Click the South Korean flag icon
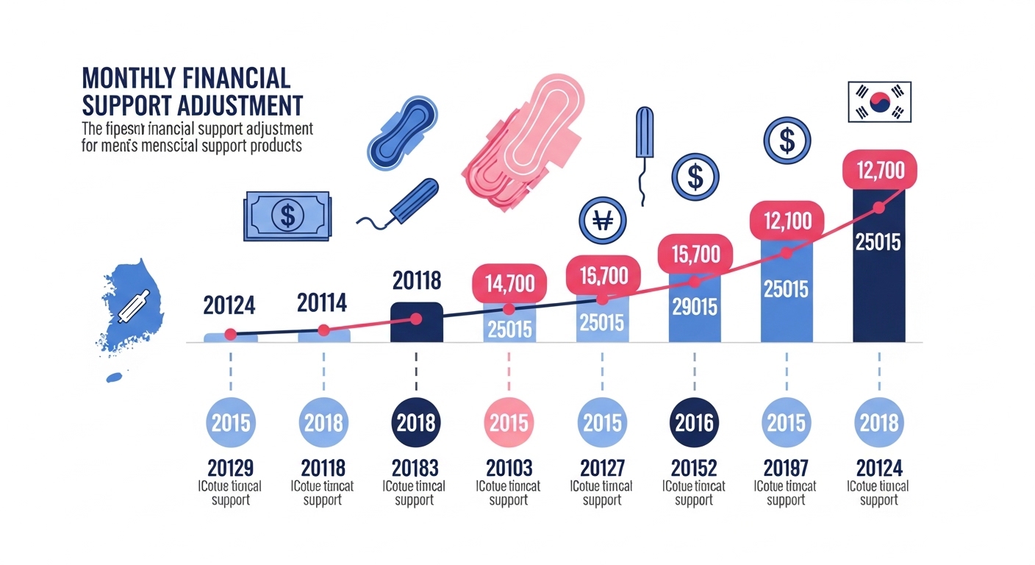pyautogui.click(x=878, y=102)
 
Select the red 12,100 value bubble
pyautogui.click(x=786, y=220)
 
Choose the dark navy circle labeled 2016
pyautogui.click(x=694, y=423)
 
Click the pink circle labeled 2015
pyautogui.click(x=509, y=423)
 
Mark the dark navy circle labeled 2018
pyautogui.click(x=416, y=423)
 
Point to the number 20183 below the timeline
pyautogui.click(x=416, y=467)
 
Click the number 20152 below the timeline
pyautogui.click(x=694, y=467)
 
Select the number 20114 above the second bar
pyautogui.click(x=322, y=302)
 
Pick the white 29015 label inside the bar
pyautogui.click(x=694, y=306)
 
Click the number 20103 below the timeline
pyautogui.click(x=509, y=467)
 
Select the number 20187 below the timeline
pyautogui.click(x=786, y=467)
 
